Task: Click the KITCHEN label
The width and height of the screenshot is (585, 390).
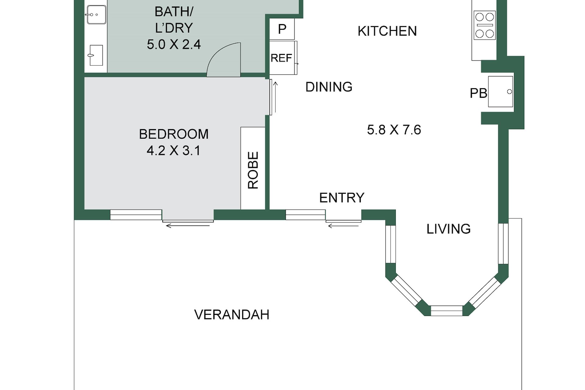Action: (387, 31)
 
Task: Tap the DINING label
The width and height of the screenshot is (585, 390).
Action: (329, 87)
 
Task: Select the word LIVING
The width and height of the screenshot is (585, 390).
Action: (448, 229)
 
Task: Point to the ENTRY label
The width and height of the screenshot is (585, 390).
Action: (342, 198)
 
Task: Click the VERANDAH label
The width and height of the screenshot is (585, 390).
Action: (232, 315)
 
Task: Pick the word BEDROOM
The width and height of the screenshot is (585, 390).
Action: (174, 134)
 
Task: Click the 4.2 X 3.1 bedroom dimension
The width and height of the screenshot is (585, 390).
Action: (174, 151)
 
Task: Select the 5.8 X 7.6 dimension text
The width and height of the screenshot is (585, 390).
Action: (394, 130)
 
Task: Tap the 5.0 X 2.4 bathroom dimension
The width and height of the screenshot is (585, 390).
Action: (174, 44)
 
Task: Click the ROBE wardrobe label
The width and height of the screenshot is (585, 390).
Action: (253, 170)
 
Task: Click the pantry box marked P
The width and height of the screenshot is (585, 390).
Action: (282, 29)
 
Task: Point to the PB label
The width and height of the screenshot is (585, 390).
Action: (478, 93)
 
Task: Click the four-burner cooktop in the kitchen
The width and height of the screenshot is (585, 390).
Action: (484, 25)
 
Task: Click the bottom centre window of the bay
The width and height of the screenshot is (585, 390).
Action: (447, 311)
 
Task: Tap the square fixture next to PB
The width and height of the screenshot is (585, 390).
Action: (501, 91)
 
